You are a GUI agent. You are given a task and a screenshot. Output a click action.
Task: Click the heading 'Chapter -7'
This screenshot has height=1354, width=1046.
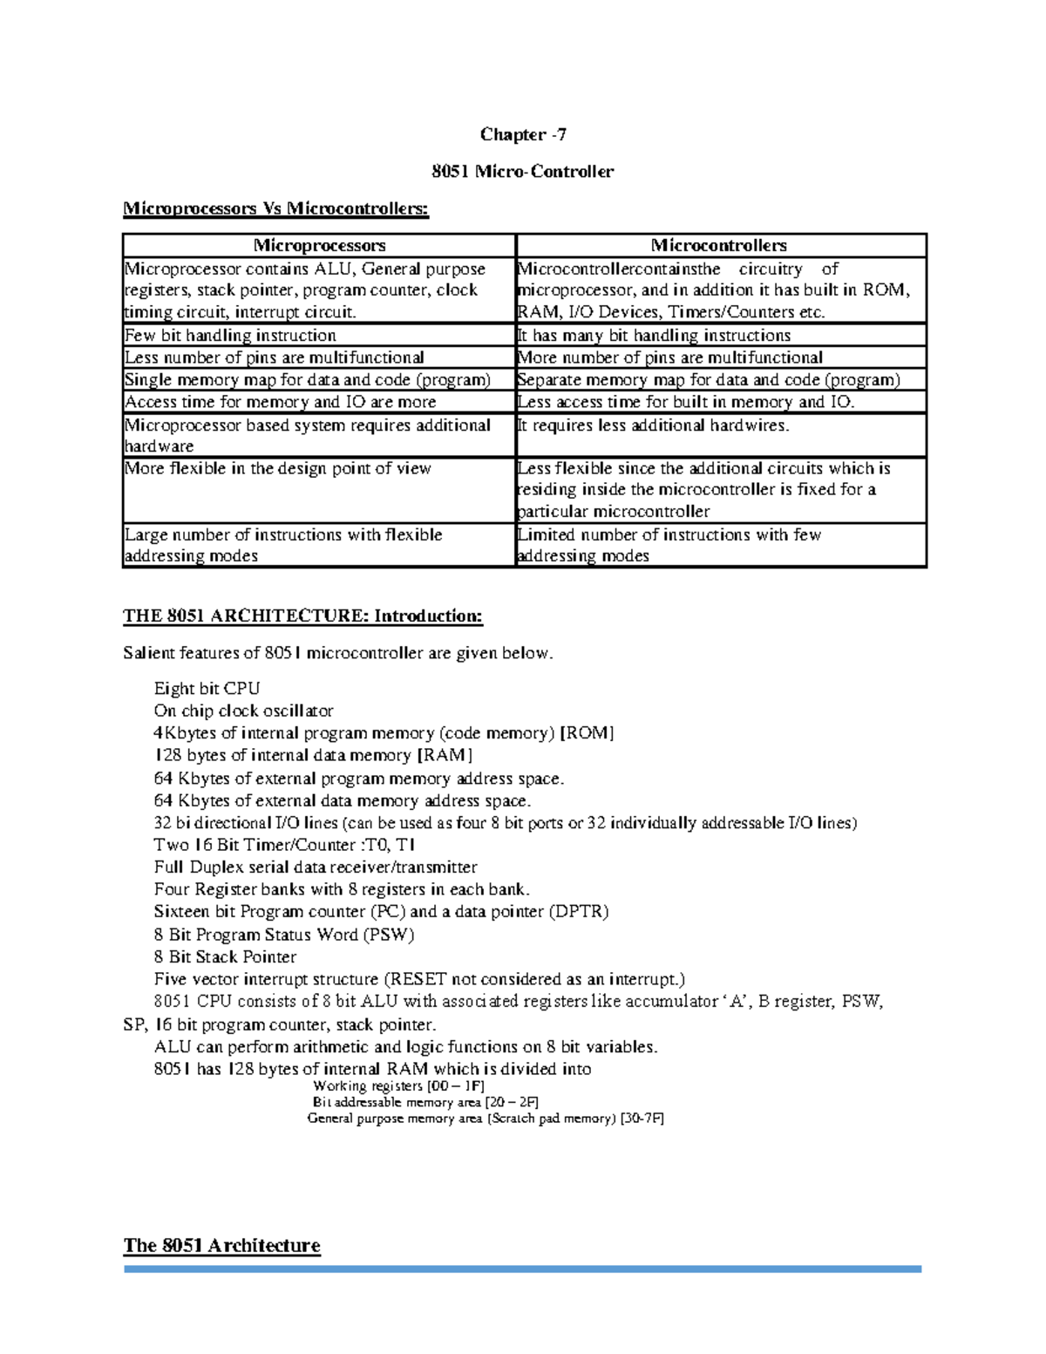[x=523, y=134]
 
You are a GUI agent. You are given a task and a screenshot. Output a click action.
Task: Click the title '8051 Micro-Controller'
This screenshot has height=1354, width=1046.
[x=523, y=171]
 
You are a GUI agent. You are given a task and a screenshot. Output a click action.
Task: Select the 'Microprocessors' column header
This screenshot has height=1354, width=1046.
[x=319, y=245]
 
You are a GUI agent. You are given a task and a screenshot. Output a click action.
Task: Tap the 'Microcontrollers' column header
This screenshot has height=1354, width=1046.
[x=719, y=245]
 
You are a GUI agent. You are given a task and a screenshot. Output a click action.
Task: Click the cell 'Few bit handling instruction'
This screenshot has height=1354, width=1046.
[x=230, y=336]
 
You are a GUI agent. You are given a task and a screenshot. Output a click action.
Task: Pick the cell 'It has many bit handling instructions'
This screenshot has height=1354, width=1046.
[x=654, y=336]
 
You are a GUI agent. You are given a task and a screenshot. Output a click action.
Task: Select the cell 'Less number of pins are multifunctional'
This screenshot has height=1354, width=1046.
[x=274, y=357]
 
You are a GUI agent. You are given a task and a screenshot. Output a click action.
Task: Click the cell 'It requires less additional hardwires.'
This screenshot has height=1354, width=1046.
[x=653, y=425]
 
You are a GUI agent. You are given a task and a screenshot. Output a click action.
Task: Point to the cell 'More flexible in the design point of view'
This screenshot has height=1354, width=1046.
[x=277, y=468]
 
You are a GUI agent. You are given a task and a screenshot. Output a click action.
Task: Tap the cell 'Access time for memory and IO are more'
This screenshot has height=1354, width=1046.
[x=280, y=402]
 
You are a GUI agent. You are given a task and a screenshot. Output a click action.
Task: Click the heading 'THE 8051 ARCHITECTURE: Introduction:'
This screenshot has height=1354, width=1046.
[x=302, y=616]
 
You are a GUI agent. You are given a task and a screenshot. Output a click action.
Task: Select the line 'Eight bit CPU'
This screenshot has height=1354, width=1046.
[x=207, y=689]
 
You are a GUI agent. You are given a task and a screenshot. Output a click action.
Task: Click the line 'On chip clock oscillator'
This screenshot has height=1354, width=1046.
[x=243, y=711]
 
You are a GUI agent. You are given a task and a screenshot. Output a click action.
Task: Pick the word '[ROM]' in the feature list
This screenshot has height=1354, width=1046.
[x=587, y=733]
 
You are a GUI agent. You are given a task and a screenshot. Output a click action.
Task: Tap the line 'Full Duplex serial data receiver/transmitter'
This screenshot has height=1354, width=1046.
[x=316, y=868]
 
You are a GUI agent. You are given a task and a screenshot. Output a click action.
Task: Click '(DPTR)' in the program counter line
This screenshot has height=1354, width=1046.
[x=578, y=912]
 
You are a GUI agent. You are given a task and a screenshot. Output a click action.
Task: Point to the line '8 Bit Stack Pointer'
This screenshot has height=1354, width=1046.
[x=225, y=956]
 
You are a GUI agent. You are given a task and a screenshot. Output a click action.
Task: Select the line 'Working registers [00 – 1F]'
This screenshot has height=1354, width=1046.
[x=397, y=1086]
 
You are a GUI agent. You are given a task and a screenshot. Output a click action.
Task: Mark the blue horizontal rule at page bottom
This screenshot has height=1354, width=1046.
[x=523, y=1269]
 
